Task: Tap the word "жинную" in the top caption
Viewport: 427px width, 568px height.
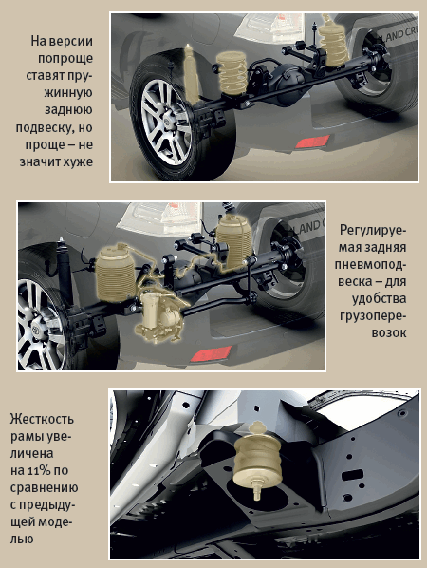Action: [x=68, y=93]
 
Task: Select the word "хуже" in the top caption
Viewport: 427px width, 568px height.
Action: [x=78, y=161]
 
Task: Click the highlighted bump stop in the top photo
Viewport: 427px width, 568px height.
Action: [x=192, y=73]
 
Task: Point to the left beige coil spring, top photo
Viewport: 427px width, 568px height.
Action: [x=232, y=73]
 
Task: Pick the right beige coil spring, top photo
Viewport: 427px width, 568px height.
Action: [x=333, y=41]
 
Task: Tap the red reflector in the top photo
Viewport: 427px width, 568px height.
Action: [x=312, y=142]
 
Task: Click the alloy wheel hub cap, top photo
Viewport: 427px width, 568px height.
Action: [x=168, y=119]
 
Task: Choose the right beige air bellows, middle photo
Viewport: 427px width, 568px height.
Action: [x=233, y=240]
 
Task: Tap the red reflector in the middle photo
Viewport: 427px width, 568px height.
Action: [x=211, y=354]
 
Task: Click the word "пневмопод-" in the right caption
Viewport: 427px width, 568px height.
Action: [x=370, y=264]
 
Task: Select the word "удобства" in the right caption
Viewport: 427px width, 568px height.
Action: [x=379, y=298]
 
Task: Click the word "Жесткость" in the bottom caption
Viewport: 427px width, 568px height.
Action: [x=42, y=419]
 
